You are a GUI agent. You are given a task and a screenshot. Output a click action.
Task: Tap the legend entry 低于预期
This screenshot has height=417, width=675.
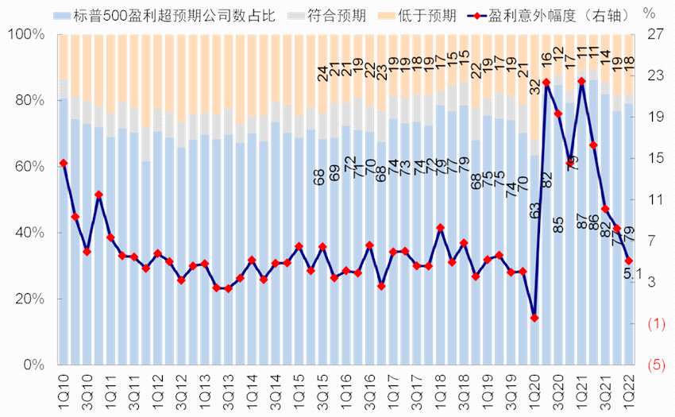point(421,16)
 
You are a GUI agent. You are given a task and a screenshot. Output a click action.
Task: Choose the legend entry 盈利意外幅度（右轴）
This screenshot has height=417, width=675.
point(549,16)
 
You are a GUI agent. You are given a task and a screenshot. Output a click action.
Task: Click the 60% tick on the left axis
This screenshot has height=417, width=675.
point(29,167)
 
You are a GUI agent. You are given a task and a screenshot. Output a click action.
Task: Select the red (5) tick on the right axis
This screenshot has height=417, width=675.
point(655,365)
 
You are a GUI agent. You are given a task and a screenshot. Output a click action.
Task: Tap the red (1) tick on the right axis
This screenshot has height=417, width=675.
point(655,324)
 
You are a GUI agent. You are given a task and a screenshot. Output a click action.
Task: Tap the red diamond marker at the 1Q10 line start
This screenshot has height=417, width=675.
point(63,163)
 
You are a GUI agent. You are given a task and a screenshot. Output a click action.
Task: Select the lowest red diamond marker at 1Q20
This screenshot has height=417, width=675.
point(534,318)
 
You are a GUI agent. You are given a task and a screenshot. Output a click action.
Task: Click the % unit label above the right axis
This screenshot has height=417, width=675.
point(650,14)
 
